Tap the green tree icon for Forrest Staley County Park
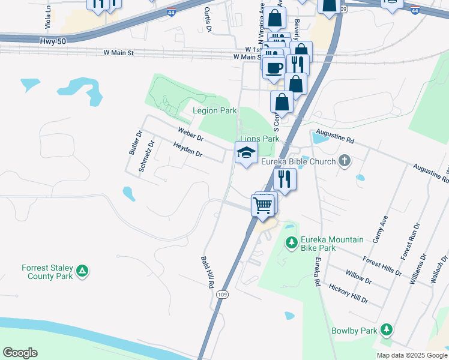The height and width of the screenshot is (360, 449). [83, 272]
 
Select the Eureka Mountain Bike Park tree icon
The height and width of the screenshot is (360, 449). [292, 242]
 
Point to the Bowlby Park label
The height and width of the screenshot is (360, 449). [354, 331]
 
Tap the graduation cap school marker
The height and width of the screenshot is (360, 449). [246, 153]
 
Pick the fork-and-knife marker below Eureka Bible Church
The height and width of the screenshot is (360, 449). [285, 179]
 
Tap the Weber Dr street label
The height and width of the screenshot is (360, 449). [190, 134]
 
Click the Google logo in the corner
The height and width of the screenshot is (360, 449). [20, 352]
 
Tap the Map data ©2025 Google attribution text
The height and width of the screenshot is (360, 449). [411, 355]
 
